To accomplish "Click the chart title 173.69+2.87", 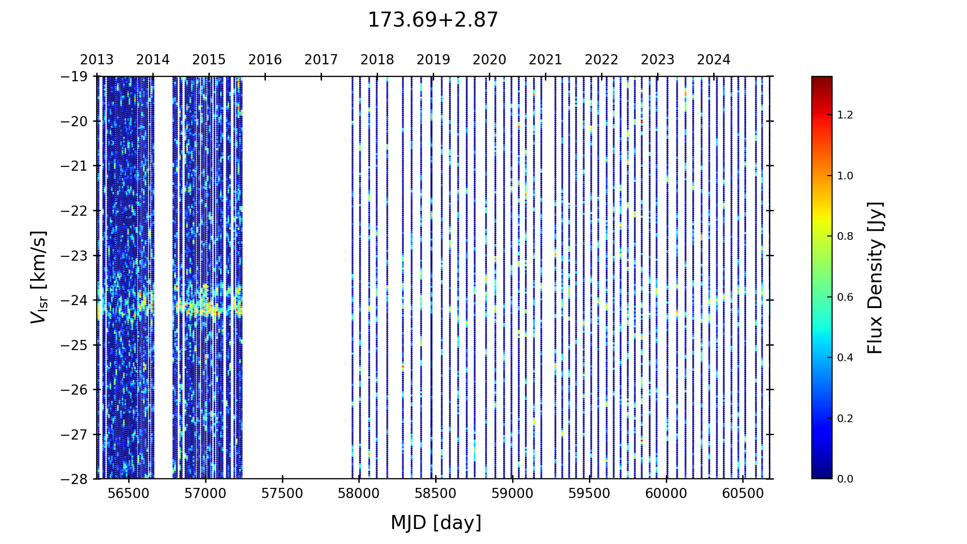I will click(x=433, y=20).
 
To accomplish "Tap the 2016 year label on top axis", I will click(x=265, y=60).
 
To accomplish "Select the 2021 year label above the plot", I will click(x=545, y=60).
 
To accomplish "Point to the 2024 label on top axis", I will click(x=714, y=60).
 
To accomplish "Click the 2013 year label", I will click(x=97, y=60).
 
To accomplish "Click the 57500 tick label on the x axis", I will click(x=282, y=494).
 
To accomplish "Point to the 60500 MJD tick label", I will click(x=743, y=494).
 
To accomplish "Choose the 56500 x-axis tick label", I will click(x=129, y=494).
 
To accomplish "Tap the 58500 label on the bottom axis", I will click(x=436, y=494).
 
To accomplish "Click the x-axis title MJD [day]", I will click(x=436, y=523).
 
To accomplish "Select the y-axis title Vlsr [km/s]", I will click(x=39, y=277).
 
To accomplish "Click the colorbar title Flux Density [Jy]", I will click(x=875, y=278).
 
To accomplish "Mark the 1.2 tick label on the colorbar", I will click(x=845, y=115).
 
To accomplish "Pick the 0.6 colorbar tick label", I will click(x=845, y=297).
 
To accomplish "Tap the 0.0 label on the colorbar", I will click(x=845, y=479).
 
